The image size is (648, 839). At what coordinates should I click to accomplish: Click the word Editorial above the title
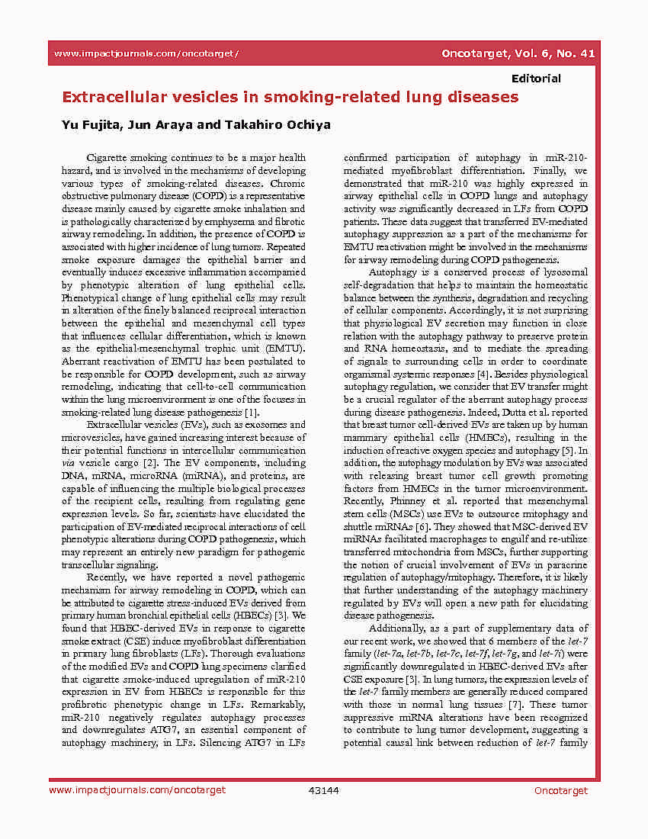coord(536,79)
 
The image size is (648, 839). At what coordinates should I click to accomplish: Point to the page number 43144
coord(323,790)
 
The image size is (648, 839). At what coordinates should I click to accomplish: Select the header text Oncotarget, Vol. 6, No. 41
coord(518,53)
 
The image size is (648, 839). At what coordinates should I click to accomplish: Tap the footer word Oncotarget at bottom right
coord(561,790)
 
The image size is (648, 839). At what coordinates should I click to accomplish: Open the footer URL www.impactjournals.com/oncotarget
coord(137,790)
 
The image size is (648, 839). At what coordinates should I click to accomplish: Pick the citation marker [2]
coord(150,462)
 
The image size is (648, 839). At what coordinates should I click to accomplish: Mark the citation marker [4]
coord(483,374)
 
